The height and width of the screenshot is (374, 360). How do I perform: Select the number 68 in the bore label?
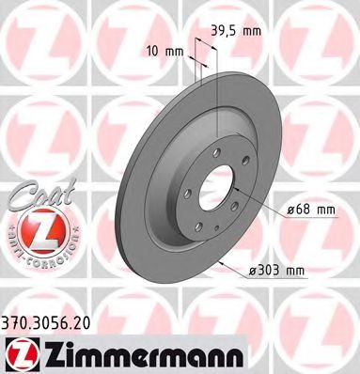pos(302,208)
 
